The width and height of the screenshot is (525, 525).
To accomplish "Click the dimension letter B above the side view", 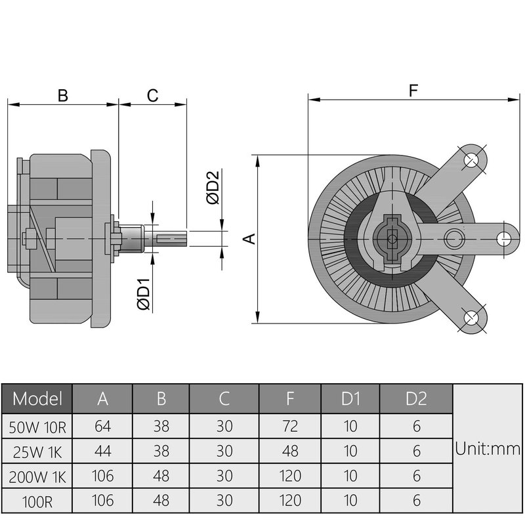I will [62, 96].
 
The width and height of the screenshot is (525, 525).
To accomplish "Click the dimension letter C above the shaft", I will [152, 96].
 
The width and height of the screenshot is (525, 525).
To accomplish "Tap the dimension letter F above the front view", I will [413, 91].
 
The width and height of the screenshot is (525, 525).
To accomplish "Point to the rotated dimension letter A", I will [249, 238].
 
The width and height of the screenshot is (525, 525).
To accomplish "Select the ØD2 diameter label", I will [211, 187].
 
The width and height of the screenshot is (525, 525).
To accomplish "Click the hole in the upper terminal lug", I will [472, 159].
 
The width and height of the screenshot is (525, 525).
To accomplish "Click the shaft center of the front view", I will [392, 238].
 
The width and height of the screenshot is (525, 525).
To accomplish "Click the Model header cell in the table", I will [37, 398].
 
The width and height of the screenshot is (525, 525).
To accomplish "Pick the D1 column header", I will [350, 398].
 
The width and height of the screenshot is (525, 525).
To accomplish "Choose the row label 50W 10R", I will [37, 427].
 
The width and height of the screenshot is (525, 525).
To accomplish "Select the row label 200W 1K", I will [37, 475].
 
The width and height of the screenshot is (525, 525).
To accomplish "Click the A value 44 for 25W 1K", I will [102, 451].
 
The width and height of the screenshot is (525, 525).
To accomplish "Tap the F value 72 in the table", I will [289, 427].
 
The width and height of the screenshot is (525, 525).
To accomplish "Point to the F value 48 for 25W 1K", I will [289, 451].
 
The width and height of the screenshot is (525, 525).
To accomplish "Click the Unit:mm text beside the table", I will [488, 450].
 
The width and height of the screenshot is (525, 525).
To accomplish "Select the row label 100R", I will [37, 500].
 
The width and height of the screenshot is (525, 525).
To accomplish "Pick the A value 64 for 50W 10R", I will [102, 427].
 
